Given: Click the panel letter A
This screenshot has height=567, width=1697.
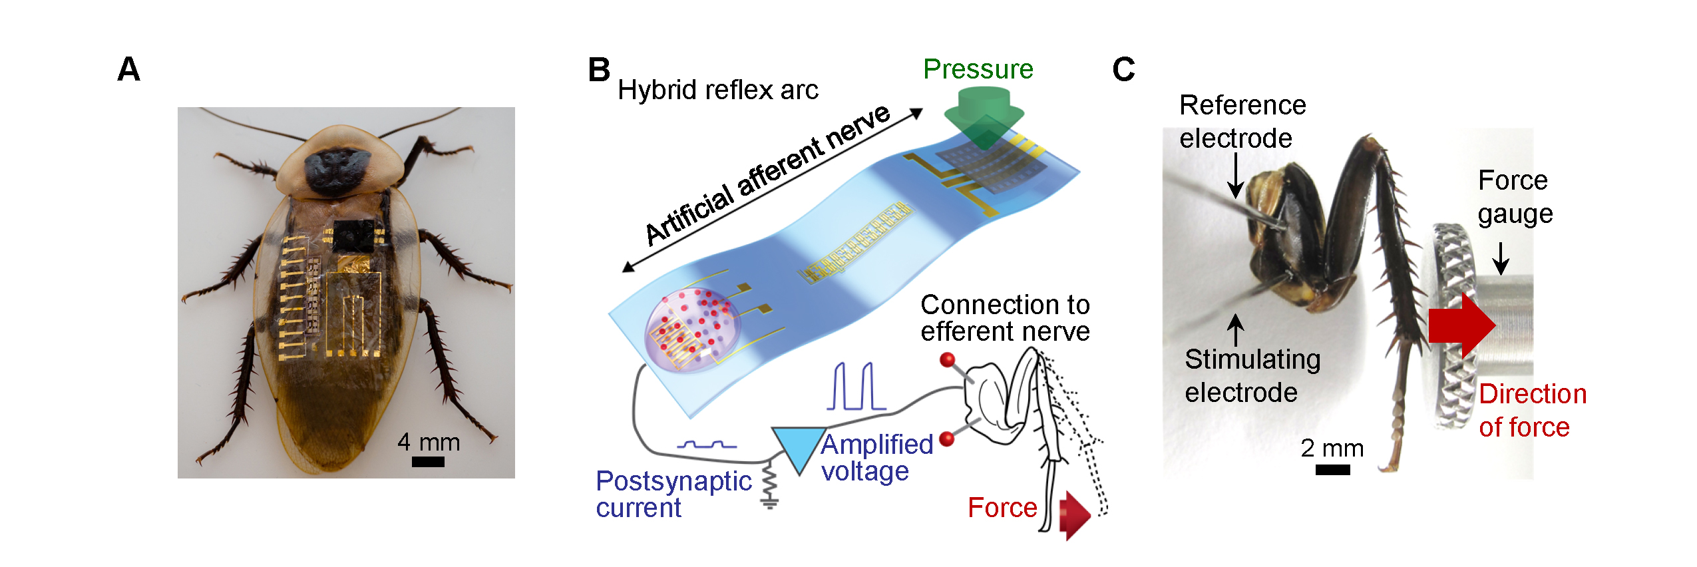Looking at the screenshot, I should (x=129, y=69).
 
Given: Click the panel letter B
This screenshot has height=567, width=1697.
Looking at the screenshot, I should (x=598, y=70).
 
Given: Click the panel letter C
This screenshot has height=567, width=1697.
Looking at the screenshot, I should (x=1123, y=69).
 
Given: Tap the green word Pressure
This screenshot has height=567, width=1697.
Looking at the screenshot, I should (x=978, y=69).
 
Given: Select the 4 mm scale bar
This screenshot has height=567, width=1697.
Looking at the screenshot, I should (x=428, y=462).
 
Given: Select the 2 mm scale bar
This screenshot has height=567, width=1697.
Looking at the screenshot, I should (x=1332, y=470).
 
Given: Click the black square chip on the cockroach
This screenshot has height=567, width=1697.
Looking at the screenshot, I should (x=353, y=236).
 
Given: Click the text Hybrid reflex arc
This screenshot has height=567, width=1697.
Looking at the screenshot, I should (x=717, y=90).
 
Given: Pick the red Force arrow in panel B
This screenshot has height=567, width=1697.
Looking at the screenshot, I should (x=1073, y=514).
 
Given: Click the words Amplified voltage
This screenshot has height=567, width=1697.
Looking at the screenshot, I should (x=876, y=458).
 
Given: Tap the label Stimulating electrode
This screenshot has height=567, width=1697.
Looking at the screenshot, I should (x=1251, y=375).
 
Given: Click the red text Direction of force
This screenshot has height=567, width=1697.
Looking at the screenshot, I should (x=1531, y=410).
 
